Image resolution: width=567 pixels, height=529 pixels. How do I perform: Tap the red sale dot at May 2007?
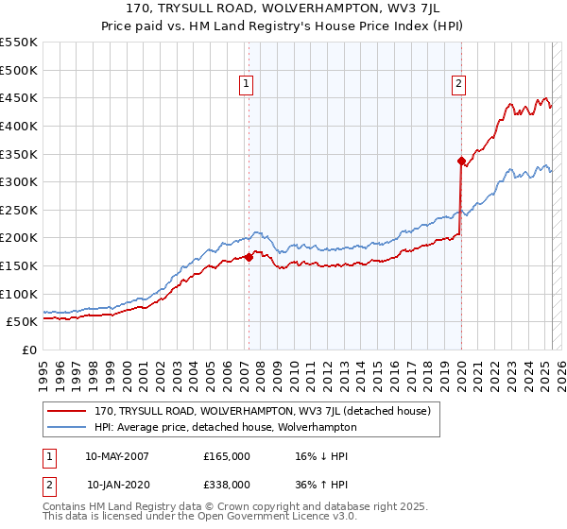tap(249, 257)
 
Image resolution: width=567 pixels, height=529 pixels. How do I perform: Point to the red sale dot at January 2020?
tap(461, 161)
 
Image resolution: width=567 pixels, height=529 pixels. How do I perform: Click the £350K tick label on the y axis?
tap(19, 154)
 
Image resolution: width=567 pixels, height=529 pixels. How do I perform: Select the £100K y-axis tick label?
tap(19, 294)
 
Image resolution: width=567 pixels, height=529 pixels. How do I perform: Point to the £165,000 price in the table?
tap(227, 456)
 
